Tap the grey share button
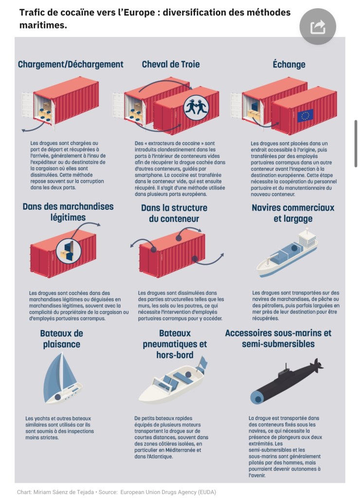(x=318, y=27)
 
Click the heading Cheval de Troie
(x=171, y=64)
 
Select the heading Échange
(x=289, y=64)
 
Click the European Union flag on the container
(x=305, y=115)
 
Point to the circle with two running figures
(x=196, y=108)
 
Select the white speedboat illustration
(x=172, y=382)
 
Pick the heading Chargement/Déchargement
(x=71, y=64)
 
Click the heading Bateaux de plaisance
(x=62, y=338)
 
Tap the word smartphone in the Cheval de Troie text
(x=146, y=175)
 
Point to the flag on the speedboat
(x=202, y=363)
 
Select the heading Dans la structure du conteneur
(x=174, y=213)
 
